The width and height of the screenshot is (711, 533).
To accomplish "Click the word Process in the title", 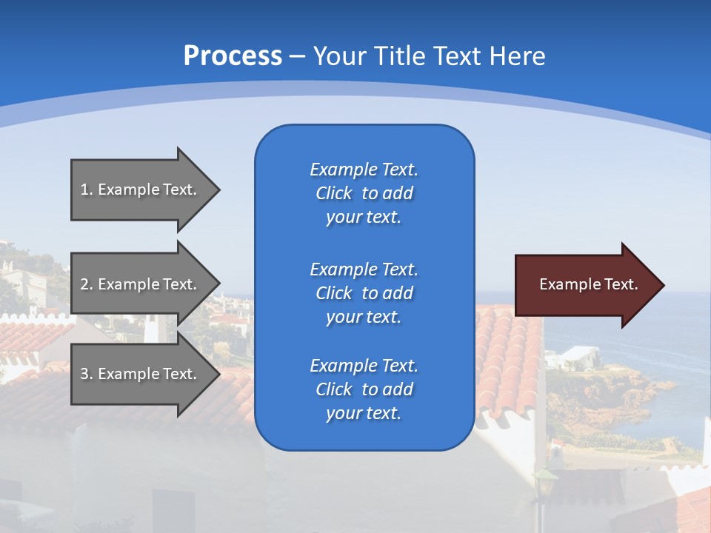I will [233, 56].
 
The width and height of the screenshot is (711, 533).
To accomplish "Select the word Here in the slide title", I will [515, 56].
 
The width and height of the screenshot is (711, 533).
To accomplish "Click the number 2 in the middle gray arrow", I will [84, 284].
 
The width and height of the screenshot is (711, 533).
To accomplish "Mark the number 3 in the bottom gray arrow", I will [84, 374].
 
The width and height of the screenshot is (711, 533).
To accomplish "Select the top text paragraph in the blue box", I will [364, 193].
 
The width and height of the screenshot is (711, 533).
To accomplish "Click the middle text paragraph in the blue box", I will [364, 293].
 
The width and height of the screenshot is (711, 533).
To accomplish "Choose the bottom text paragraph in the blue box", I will [364, 389].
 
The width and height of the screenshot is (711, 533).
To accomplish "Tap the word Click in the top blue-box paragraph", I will [334, 193].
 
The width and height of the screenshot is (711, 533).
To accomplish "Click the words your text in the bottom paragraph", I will [364, 413].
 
